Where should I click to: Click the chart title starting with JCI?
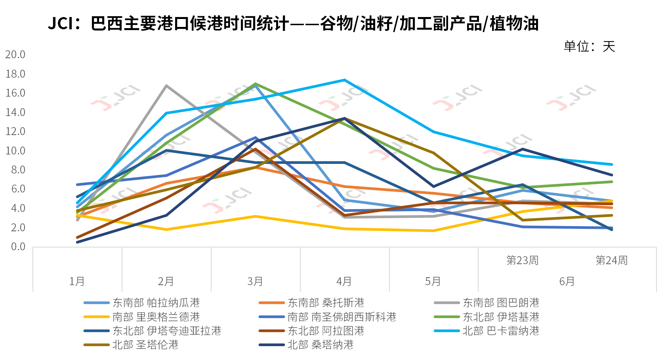(x=293, y=24)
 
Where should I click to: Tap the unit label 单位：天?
(x=589, y=47)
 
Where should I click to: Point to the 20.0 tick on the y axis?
(x=15, y=54)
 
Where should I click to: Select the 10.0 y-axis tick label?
(x=15, y=150)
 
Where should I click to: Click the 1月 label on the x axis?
(x=77, y=281)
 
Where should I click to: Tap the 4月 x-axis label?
(x=344, y=281)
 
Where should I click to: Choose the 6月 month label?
(x=567, y=281)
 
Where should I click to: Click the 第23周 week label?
(x=523, y=260)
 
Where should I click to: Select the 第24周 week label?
(x=612, y=260)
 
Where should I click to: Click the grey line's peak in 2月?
(x=166, y=86)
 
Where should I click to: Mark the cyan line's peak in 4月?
(x=344, y=80)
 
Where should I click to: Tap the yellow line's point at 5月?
(x=434, y=230)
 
